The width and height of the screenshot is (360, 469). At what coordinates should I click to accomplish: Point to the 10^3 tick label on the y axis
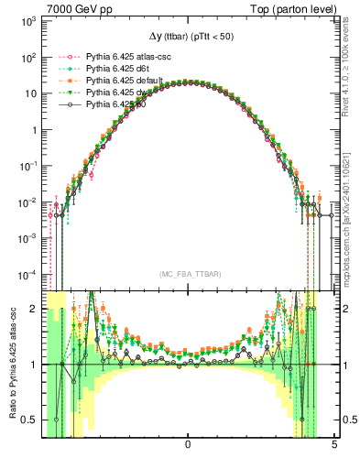[x=27, y=21]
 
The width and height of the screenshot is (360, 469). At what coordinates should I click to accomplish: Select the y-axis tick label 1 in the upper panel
[x=32, y=129]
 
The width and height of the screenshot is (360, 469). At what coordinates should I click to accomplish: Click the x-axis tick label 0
[x=188, y=445]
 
